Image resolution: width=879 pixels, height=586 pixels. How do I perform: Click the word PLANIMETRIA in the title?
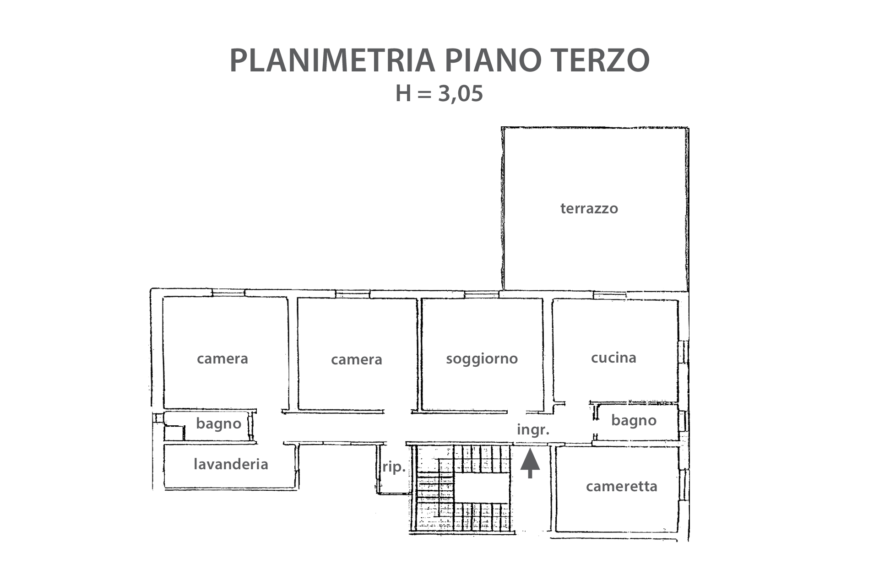(332, 60)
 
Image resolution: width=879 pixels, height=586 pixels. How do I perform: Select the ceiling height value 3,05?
(461, 94)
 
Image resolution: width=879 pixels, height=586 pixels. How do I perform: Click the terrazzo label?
(589, 209)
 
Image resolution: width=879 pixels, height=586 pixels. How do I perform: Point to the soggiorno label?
(482, 359)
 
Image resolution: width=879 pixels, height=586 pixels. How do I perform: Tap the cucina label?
(613, 358)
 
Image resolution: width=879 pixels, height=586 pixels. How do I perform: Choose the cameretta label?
(621, 486)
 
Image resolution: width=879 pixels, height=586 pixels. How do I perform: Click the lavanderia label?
(231, 464)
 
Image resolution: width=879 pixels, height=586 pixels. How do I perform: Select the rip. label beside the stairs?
(394, 467)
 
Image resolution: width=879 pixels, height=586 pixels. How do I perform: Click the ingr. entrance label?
(533, 430)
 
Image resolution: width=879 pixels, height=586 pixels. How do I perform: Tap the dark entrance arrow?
(530, 464)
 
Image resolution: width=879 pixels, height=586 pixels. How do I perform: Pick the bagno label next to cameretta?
(634, 421)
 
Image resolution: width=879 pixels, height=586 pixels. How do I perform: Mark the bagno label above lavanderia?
(218, 423)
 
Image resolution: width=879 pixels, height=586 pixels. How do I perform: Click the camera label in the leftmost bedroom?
(222, 358)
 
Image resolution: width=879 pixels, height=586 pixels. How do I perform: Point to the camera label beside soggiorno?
(357, 360)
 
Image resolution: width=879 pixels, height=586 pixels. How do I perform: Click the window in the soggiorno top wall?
(482, 294)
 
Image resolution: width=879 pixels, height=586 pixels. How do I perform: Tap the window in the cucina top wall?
(610, 295)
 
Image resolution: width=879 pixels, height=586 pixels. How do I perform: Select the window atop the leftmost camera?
(228, 293)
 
